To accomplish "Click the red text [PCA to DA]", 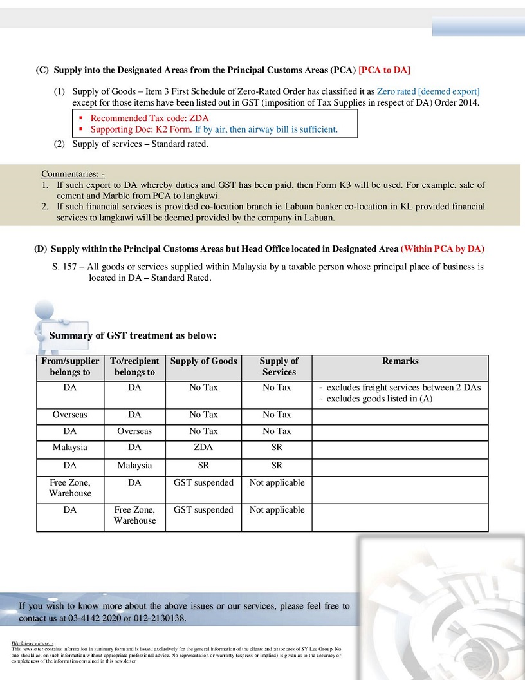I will (384, 70).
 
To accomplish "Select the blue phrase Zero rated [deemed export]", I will (428, 91).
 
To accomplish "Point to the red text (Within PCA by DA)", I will (442, 249).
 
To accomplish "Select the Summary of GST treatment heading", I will (133, 335).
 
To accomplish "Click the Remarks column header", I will (400, 361).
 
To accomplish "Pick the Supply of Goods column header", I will (203, 361).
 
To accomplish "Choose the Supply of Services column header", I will (279, 366).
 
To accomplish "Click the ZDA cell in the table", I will (203, 447).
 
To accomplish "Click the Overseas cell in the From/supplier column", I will (69, 415).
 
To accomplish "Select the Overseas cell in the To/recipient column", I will (134, 431).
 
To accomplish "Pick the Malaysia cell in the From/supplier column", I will (69, 447).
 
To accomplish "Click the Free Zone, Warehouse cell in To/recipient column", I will (134, 515).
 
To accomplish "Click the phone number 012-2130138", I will (154, 618).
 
